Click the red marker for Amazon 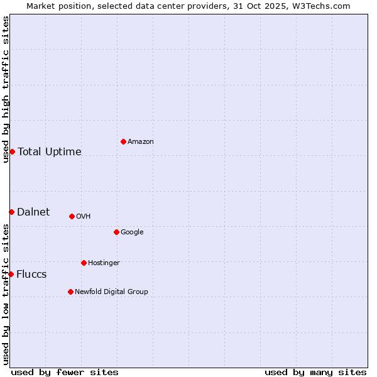point(123,141)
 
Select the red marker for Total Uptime point(12,151)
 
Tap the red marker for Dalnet point(11,212)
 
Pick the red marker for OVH point(72,216)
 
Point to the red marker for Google point(116,232)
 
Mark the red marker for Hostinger point(84,263)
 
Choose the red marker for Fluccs point(11,274)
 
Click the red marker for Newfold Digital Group point(70,292)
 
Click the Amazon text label point(140,141)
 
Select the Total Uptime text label point(50,151)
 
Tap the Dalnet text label point(33,212)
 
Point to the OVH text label point(84,216)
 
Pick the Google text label point(132,232)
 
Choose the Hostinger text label point(104,263)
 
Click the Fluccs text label point(31,274)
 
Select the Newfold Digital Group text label point(111,292)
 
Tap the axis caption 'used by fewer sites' point(65,372)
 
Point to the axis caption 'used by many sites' point(315,372)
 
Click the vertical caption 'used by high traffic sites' point(6,89)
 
